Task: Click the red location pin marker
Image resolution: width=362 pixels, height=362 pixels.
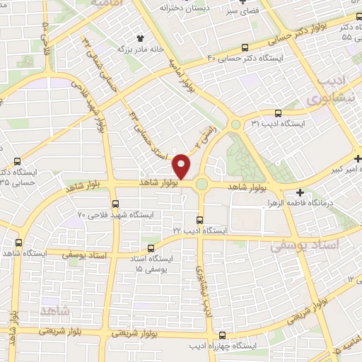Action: coord(182,165)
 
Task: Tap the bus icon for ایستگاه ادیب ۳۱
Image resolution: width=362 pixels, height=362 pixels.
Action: coord(277,112)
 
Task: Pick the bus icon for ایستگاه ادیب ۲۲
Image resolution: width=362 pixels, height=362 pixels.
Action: coord(200,220)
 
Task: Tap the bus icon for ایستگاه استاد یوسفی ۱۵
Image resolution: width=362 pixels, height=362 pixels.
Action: coord(151,248)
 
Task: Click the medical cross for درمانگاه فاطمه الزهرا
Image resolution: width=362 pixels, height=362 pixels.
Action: coord(300,192)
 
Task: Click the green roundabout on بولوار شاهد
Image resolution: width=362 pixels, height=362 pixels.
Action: coord(202,185)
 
